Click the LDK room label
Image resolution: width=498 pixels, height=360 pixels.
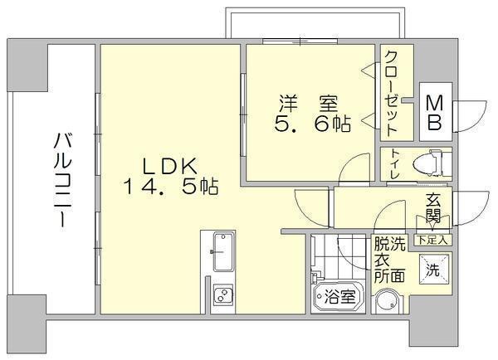point(170,166)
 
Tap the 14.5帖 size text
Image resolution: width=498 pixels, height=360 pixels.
point(170,187)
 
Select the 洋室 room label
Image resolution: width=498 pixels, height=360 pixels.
point(309,103)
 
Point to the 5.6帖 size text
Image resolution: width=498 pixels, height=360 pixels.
point(313,124)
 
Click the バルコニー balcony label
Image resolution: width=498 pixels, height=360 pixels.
point(62,180)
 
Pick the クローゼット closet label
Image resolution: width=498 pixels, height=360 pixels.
point(391,94)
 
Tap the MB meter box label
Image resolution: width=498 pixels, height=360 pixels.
point(434,113)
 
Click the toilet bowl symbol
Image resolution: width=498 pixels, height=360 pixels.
point(427,163)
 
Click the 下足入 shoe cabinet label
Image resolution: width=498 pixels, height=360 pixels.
point(433,240)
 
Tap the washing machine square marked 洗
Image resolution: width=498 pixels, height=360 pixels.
point(434,270)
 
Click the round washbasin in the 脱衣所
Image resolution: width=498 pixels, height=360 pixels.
point(389,302)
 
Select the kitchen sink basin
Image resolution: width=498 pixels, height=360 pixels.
point(223,251)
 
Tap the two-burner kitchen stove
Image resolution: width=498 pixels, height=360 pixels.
point(223,294)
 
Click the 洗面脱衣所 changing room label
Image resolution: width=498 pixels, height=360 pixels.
point(390,260)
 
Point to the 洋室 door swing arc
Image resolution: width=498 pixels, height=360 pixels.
point(349,163)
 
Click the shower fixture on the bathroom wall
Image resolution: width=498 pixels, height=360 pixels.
point(315,276)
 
